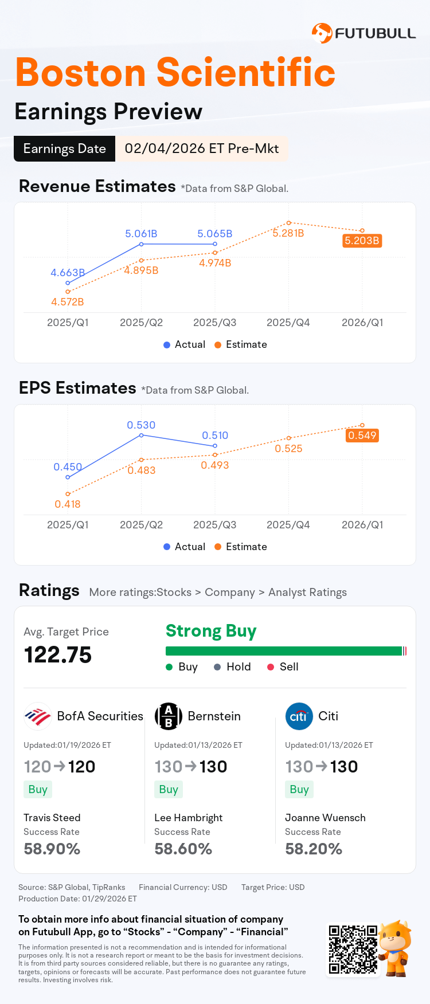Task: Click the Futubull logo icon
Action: click(322, 33)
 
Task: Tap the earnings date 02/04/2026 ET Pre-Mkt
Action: click(201, 148)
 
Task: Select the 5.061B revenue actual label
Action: click(141, 234)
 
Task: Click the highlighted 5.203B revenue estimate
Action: click(362, 241)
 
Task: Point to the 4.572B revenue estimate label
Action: click(67, 302)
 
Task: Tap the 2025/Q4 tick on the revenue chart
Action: click(288, 323)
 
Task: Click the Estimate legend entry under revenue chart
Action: click(241, 344)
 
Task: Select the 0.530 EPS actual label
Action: click(141, 425)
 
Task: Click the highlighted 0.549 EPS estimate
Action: click(362, 436)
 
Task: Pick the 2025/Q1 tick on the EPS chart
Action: click(68, 525)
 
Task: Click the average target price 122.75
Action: click(58, 655)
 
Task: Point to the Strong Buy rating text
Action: click(211, 631)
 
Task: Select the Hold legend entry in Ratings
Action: click(232, 667)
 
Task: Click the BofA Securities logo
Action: click(38, 716)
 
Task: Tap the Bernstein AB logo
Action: click(169, 716)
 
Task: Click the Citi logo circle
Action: click(299, 716)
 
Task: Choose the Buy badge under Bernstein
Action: click(169, 790)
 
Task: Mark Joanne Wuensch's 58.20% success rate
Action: click(314, 849)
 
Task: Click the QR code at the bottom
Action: click(353, 949)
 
